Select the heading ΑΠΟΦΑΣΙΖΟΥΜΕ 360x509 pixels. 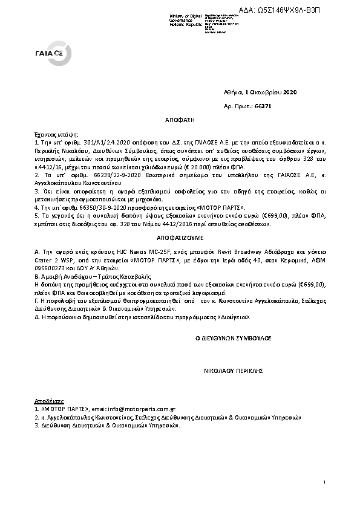click(179, 239)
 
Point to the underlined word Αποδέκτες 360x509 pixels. click(47, 401)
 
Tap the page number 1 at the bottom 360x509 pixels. click(325, 482)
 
